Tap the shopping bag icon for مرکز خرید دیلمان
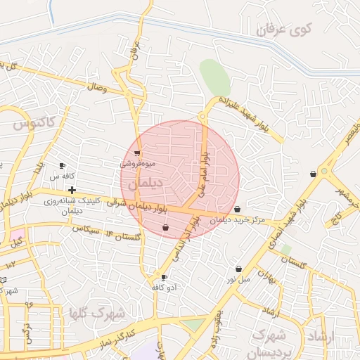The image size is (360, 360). [237, 209]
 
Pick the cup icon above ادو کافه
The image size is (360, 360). [164, 278]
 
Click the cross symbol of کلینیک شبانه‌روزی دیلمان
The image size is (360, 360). [72, 190]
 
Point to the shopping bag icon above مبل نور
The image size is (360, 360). [239, 269]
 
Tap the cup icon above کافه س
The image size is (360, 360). [62, 166]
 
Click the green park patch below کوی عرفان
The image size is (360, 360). [214, 75]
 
